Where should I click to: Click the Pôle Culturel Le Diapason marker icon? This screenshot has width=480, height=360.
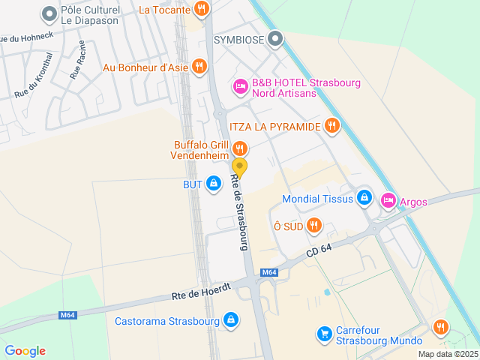coord(49,13)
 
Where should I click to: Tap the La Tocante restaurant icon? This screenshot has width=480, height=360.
coord(200,9)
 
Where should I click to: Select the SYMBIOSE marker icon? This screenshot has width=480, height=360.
coord(276,37)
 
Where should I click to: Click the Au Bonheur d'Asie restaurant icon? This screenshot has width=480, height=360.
coord(199,67)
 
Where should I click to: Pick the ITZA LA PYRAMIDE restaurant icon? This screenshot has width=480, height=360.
coord(332,125)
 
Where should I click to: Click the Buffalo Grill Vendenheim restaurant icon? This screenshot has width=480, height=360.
coord(239,148)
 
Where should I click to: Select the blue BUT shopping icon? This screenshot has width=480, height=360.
coord(214,182)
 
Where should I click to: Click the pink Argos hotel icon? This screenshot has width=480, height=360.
coord(388,200)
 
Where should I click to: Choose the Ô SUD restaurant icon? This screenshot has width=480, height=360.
coord(314,224)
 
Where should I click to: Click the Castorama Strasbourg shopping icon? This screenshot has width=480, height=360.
coord(231,320)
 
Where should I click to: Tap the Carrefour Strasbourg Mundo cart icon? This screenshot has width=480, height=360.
coord(324,332)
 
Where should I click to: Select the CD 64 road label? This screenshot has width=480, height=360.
coord(319,250)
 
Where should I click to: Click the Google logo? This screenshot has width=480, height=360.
coord(25,350)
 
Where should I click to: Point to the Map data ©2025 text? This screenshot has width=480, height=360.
coord(447,354)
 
